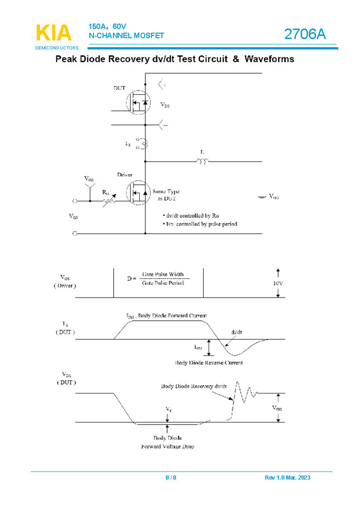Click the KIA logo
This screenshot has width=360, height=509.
coord(54,33)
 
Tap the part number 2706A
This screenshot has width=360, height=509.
coord(305,34)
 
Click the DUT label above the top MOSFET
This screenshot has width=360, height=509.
coord(119,88)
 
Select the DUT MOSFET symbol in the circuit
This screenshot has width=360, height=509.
coord(139,103)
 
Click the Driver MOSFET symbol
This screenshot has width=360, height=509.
coord(139,193)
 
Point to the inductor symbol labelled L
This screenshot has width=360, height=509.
coord(202,162)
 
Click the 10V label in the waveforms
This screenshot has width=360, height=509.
coord(277,283)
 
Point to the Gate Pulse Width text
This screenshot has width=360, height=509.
coord(163,274)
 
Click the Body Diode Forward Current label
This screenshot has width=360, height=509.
coord(166,316)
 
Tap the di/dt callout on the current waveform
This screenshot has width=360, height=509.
coord(236,332)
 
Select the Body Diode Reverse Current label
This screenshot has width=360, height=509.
coord(209,362)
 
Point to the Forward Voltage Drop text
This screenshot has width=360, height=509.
coord(168,446)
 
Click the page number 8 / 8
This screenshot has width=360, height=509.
coord(171,478)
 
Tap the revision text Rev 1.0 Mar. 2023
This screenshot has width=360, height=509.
coord(288,478)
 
